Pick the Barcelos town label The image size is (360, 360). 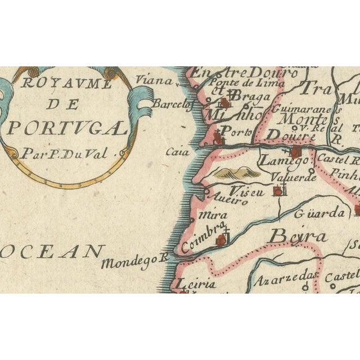tap(173, 104)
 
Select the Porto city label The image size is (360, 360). tap(235, 131)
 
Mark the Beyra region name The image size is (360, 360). tap(298, 236)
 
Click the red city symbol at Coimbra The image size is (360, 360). tap(222, 241)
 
